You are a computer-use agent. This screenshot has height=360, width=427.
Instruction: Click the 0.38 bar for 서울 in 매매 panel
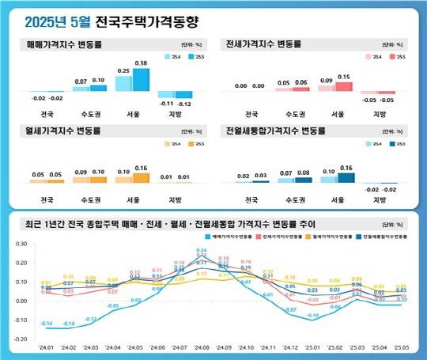pyautogui.click(x=141, y=79)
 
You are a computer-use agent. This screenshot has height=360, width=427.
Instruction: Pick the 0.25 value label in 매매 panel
pyautogui.click(x=123, y=70)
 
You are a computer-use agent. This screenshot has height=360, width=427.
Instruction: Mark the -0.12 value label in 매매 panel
pyautogui.click(x=184, y=104)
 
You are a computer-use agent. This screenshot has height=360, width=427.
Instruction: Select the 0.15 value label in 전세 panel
pyautogui.click(x=343, y=77)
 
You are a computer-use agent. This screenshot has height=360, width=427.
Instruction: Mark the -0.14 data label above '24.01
pyautogui.click(x=47, y=324)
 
